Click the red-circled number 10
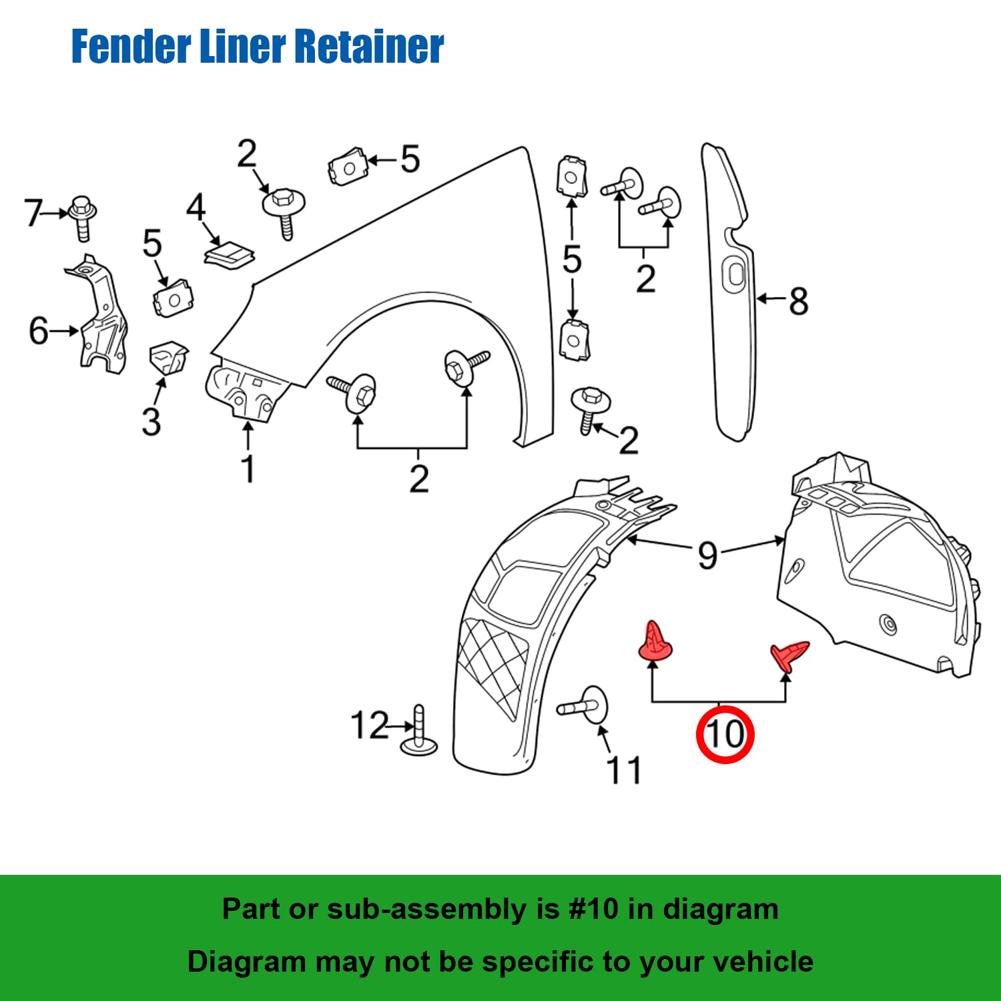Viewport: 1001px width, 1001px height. [x=725, y=734]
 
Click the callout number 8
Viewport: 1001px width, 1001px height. [x=798, y=301]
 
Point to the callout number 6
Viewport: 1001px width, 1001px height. [x=39, y=330]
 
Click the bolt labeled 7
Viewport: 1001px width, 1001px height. [x=81, y=217]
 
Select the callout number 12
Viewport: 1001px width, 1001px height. [x=369, y=725]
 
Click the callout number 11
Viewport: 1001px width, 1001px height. [x=624, y=771]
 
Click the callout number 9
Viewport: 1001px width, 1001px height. [x=707, y=555]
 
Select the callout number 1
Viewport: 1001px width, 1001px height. [x=248, y=468]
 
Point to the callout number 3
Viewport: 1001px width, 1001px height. [x=151, y=422]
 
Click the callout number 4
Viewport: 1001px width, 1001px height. [x=196, y=208]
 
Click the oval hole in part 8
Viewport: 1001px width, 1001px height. [x=735, y=274]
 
